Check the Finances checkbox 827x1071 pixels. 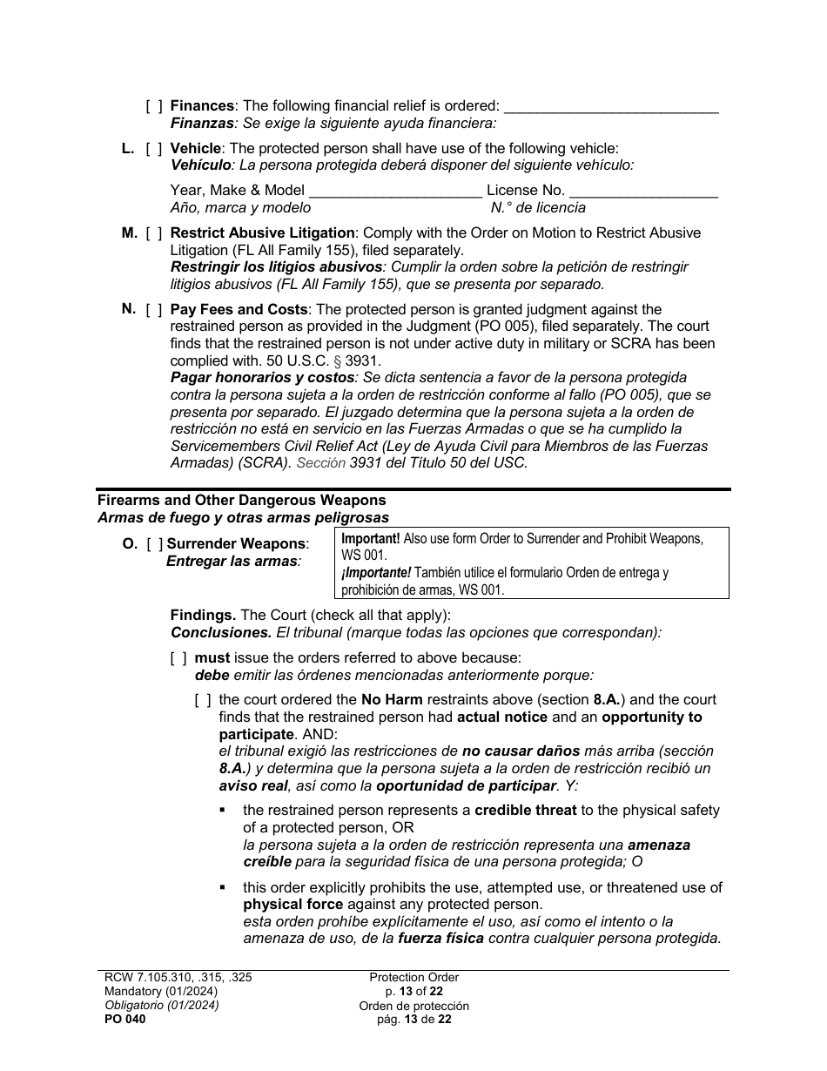(x=154, y=106)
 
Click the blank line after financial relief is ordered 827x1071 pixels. (x=611, y=108)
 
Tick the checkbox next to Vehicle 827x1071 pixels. (x=154, y=149)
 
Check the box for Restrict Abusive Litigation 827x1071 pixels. (x=154, y=233)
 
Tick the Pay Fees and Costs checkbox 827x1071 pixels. (x=154, y=310)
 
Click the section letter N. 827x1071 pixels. (x=129, y=309)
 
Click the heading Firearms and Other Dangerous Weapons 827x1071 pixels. (x=241, y=501)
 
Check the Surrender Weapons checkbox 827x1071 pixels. (x=154, y=544)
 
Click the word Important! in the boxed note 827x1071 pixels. (x=371, y=539)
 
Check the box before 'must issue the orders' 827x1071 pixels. (x=178, y=658)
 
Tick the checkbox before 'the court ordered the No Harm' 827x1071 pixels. (x=203, y=700)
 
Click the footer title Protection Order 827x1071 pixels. (x=413, y=978)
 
